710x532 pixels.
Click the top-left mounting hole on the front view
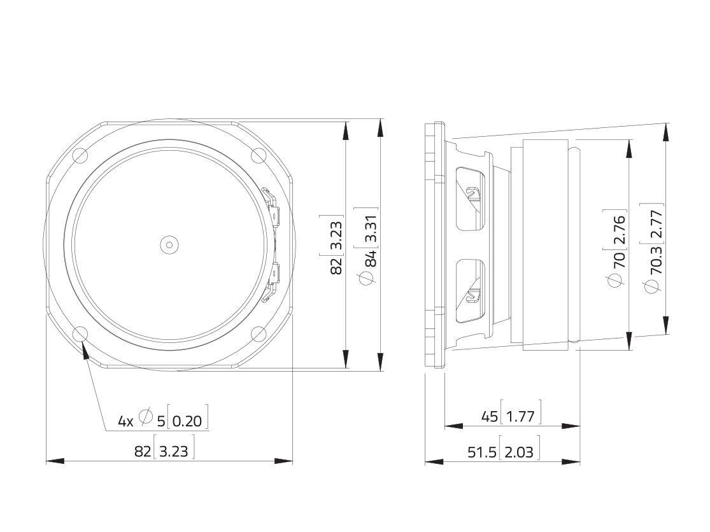80,155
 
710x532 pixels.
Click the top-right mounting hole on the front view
259,155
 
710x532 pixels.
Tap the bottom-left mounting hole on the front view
80,333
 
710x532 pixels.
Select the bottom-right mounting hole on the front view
259,333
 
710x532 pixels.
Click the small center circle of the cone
169,244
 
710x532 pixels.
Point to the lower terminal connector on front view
273,279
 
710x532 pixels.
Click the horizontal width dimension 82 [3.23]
164,451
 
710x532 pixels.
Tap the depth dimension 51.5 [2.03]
503,451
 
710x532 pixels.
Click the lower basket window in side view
471,290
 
